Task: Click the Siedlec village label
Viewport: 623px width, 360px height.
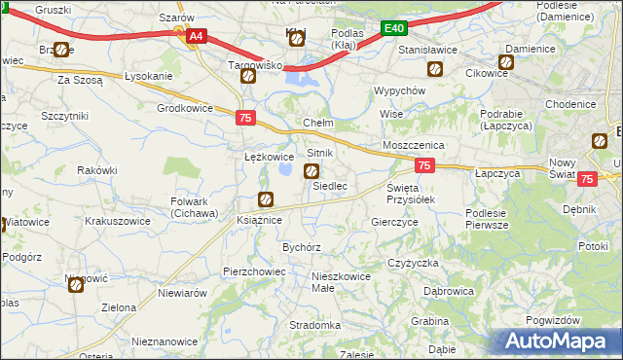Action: tap(330, 185)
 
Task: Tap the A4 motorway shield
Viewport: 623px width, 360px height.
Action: tap(196, 36)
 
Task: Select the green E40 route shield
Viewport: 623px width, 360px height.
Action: tap(393, 30)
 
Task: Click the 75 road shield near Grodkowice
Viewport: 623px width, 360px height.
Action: tap(246, 118)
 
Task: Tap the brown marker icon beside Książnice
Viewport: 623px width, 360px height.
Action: tap(265, 200)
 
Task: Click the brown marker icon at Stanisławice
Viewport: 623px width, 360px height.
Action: tap(435, 69)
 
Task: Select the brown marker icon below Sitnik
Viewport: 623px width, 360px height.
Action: tap(311, 172)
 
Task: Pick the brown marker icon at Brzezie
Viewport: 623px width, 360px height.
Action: tap(62, 50)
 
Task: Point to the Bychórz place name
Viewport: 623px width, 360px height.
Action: tap(302, 247)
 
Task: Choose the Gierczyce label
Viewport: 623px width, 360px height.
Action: tap(394, 222)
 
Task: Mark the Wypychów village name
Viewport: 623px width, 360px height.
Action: tap(401, 90)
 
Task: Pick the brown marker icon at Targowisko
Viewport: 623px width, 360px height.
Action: tap(247, 76)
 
